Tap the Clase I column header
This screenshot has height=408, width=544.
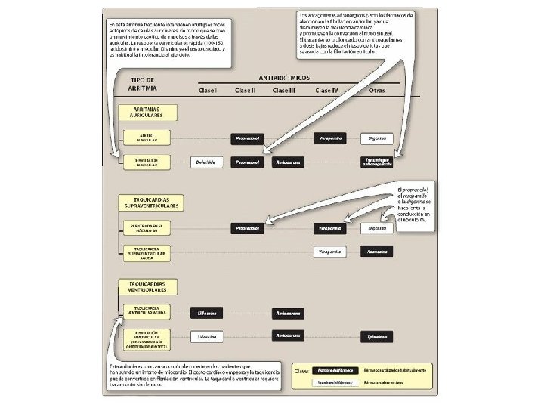pyautogui.click(x=207, y=91)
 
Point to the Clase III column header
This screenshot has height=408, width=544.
pyautogui.click(x=284, y=91)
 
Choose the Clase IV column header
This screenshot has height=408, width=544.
pyautogui.click(x=328, y=91)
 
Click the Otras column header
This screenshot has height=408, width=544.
pyautogui.click(x=377, y=91)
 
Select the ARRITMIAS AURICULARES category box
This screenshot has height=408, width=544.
pyautogui.click(x=148, y=113)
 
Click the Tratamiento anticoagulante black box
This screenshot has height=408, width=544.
pyautogui.click(x=377, y=162)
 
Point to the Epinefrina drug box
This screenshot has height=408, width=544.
pyautogui.click(x=377, y=335)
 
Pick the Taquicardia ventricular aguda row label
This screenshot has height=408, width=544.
pyautogui.click(x=147, y=311)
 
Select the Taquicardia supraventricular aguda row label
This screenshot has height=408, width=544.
pyautogui.click(x=147, y=254)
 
